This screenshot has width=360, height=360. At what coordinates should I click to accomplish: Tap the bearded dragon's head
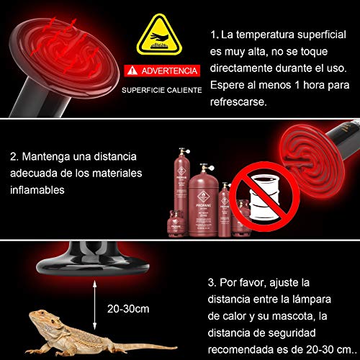[44, 317]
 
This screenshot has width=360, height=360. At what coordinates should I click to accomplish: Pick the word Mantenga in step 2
[53, 156]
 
